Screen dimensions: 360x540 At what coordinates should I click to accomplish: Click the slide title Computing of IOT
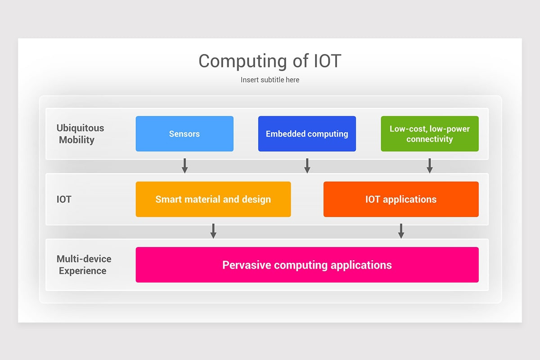click(270, 61)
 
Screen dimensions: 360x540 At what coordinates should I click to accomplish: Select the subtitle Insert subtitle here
click(270, 80)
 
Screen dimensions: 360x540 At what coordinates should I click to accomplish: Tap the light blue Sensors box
click(184, 134)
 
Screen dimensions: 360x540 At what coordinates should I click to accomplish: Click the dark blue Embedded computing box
click(307, 134)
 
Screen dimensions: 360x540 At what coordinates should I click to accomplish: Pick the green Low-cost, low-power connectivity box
click(429, 134)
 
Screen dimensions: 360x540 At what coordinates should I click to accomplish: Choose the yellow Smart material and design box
click(213, 199)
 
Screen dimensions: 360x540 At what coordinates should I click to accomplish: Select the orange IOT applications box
click(400, 199)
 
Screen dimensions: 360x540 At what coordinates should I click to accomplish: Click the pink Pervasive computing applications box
click(307, 265)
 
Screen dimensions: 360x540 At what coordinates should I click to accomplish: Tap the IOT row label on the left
click(64, 199)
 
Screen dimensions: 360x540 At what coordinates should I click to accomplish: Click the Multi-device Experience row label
click(83, 265)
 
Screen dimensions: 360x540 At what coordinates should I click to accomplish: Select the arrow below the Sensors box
click(184, 166)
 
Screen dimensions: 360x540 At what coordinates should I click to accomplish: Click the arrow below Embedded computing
click(307, 166)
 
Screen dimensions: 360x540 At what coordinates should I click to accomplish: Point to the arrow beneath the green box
click(430, 166)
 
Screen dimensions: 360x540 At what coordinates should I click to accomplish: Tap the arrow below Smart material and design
click(213, 231)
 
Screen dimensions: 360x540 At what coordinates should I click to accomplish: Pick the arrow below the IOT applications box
click(401, 231)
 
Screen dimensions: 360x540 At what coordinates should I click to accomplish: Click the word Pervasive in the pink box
click(246, 265)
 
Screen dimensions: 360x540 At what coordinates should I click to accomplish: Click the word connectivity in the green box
click(429, 139)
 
